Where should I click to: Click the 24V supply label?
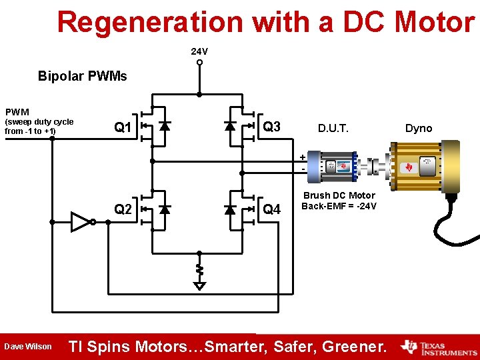(x=199, y=51)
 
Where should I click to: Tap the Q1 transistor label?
(x=122, y=127)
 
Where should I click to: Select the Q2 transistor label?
(x=123, y=209)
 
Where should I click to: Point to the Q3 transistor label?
(x=272, y=127)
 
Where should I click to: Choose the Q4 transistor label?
(x=272, y=210)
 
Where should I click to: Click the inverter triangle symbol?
(x=81, y=221)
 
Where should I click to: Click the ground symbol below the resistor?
(x=199, y=285)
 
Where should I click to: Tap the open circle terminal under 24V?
(x=199, y=63)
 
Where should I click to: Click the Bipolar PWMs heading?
(x=82, y=76)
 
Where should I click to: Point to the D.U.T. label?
(x=333, y=127)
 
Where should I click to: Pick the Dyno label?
(x=419, y=128)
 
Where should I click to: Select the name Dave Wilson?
(x=28, y=347)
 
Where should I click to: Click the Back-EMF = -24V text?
(x=339, y=206)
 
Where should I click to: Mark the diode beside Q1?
(x=165, y=125)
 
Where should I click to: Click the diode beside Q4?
(x=231, y=210)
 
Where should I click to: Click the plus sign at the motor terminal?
(x=303, y=157)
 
